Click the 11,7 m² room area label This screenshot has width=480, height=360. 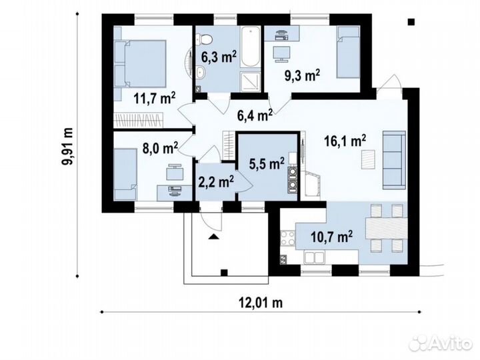[x=154, y=99]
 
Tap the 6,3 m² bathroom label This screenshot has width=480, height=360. [x=219, y=57]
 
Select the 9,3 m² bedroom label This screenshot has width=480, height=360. [x=303, y=75]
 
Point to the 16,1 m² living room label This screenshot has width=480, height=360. [x=345, y=141]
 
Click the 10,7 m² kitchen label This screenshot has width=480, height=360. [x=331, y=236]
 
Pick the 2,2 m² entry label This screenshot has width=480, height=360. [x=216, y=181]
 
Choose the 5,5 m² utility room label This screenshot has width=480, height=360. [x=267, y=164]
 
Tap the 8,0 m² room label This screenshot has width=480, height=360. [x=160, y=148]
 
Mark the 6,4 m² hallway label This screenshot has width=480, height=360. [x=255, y=115]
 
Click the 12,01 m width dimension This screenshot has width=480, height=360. [x=261, y=303]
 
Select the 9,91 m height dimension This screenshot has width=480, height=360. [x=67, y=146]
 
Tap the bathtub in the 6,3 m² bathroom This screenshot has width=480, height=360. [x=250, y=47]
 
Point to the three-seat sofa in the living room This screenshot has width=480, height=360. [x=394, y=160]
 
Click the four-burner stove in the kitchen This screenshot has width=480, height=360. [x=288, y=238]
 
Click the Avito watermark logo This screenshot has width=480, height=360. [x=441, y=343]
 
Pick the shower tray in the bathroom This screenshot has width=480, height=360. [x=251, y=81]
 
